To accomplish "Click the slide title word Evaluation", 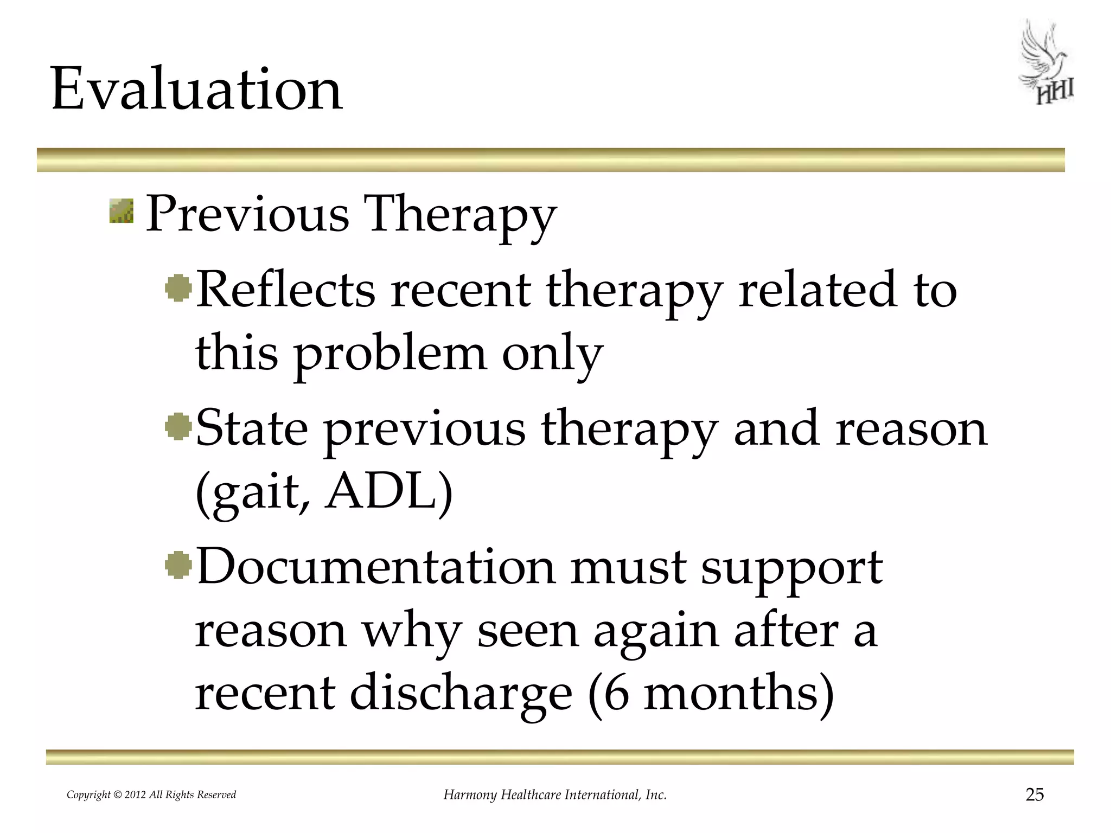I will [x=196, y=89].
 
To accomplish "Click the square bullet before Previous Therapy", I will [x=121, y=211].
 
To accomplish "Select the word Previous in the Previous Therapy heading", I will [x=247, y=214].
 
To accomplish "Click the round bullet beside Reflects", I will [x=178, y=289].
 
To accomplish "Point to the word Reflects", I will [x=285, y=290].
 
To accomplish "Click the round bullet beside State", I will [x=178, y=427].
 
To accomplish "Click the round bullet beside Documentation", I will [x=178, y=566].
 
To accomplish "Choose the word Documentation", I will [x=376, y=567].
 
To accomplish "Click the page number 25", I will [x=1035, y=794].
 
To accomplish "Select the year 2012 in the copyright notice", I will [x=135, y=795].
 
